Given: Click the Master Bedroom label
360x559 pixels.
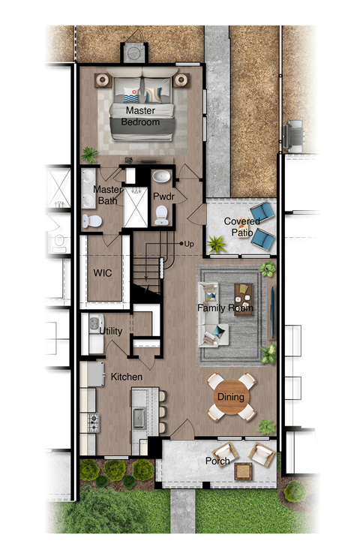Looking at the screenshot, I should coord(140,116).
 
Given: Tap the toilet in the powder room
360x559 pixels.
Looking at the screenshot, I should coord(161,217).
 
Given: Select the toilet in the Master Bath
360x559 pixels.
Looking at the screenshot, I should coord(92,220).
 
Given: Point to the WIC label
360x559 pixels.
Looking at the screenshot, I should coord(102,272).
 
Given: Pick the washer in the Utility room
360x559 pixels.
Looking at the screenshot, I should coord(93,325).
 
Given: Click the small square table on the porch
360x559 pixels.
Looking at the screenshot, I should coord(243,471).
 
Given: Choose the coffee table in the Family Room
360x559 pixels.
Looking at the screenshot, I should coord(243,299).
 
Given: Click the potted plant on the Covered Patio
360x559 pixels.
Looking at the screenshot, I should coord(217,244).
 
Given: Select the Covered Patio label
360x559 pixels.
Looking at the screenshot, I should coord(241,227).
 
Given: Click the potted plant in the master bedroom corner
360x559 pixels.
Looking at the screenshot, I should coord(90,155).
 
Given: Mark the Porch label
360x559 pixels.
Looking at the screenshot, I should coord(217,461).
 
